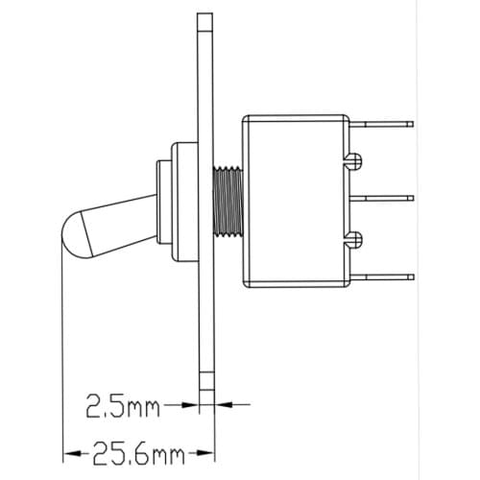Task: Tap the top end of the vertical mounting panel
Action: (203, 19)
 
